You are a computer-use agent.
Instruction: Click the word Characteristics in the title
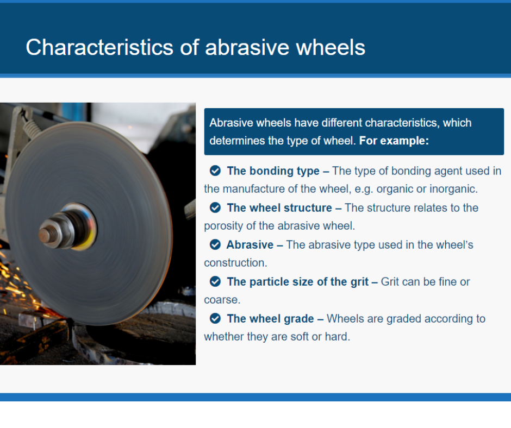pos(99,47)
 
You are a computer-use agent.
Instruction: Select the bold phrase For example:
pos(394,141)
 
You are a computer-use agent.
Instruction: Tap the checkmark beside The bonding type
pos(215,171)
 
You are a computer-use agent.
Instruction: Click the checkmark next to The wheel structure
pos(215,207)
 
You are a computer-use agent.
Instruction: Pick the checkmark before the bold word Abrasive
pos(215,244)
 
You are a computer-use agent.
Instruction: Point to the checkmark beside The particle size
pos(215,281)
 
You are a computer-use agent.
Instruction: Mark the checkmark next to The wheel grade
pos(215,318)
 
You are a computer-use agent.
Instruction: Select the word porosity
pos(223,226)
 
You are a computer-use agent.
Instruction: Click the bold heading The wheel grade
pos(270,319)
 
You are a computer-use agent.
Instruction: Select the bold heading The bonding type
pos(273,171)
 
